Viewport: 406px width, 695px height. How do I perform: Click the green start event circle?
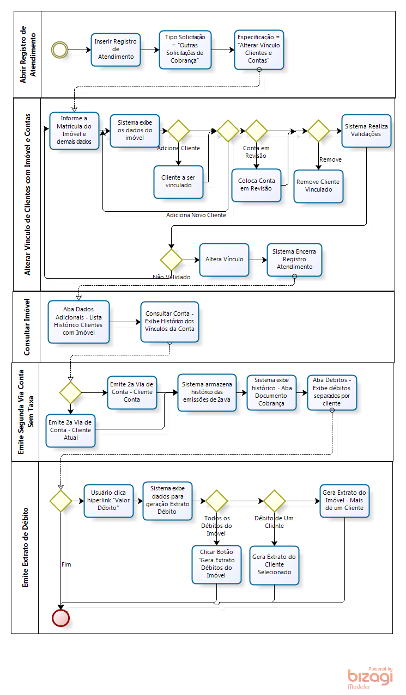[59, 50]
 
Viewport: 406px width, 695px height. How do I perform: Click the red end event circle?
[60, 618]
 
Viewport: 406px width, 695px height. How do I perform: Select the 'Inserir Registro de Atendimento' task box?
[116, 50]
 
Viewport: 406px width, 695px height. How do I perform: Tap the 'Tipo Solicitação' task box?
[185, 50]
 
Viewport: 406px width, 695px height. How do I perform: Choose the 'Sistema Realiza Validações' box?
[366, 131]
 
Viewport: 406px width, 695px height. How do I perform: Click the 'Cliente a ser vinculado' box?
[178, 181]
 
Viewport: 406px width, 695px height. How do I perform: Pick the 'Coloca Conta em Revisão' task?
[256, 185]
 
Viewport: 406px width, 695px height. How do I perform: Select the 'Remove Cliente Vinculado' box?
[318, 186]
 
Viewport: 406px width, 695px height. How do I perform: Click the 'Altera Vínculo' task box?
[224, 259]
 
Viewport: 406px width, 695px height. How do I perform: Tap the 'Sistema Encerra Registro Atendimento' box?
[294, 259]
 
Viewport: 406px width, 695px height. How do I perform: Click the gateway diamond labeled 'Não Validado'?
[171, 260]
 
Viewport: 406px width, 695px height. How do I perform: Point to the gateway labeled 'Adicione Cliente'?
[178, 131]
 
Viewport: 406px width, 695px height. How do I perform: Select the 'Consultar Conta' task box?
[169, 322]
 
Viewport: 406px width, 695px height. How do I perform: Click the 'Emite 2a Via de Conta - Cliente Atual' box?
[70, 430]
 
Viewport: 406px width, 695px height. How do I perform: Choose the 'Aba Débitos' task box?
[332, 391]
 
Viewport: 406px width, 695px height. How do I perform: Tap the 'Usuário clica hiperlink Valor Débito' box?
[108, 500]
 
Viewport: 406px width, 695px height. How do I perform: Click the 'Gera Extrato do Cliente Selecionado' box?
[274, 565]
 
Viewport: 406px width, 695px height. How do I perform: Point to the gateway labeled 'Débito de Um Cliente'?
[275, 501]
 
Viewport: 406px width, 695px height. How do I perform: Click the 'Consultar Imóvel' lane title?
[26, 327]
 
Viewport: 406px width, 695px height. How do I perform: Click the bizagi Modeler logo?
[370, 678]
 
